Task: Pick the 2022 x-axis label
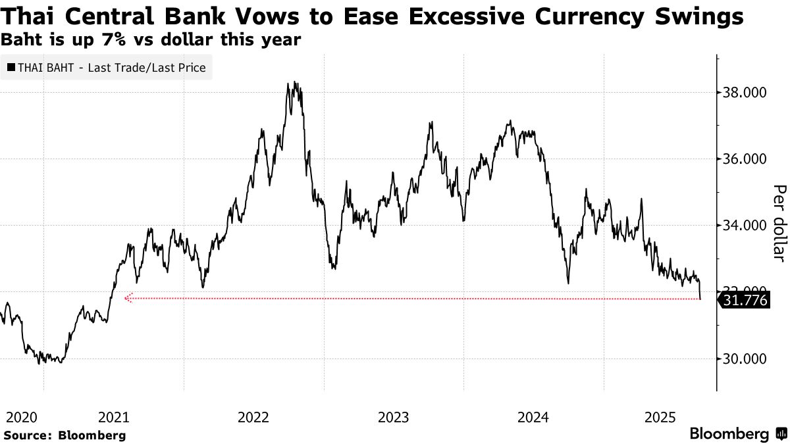click(254, 417)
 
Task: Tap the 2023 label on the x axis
click(394, 417)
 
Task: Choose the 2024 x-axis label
click(533, 417)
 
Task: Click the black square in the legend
click(11, 68)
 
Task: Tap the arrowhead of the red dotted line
click(127, 299)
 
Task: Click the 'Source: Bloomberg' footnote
click(65, 435)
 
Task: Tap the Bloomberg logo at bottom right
click(737, 434)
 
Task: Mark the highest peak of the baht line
click(288, 83)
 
